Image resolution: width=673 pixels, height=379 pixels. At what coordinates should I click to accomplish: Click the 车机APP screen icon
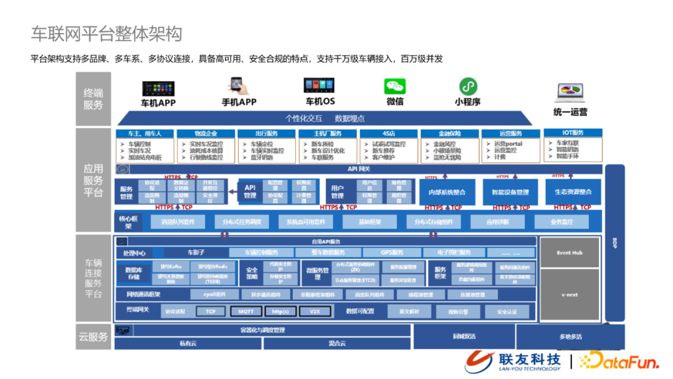pyautogui.click(x=158, y=88)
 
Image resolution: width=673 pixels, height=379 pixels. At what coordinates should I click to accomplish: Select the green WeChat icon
pyautogui.click(x=394, y=87)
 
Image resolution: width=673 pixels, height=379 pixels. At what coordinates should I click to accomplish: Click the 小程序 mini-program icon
pyautogui.click(x=468, y=86)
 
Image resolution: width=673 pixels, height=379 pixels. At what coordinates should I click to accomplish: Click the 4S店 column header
pyautogui.click(x=388, y=133)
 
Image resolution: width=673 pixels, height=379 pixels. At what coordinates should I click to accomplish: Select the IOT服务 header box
pyautogui.click(x=573, y=133)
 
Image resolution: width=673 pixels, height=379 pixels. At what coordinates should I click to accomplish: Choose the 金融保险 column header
pyautogui.click(x=449, y=133)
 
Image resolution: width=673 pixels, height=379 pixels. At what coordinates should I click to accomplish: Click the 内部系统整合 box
pyautogui.click(x=448, y=192)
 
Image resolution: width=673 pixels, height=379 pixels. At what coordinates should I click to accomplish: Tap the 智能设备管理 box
pyautogui.click(x=510, y=192)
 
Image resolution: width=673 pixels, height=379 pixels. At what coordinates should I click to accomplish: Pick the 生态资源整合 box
pyautogui.click(x=573, y=192)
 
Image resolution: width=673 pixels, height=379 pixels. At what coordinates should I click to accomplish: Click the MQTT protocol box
pyautogui.click(x=246, y=311)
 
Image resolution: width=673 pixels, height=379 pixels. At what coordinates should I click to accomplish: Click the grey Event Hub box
pyautogui.click(x=569, y=252)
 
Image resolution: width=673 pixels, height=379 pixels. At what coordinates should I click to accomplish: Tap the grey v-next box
pyautogui.click(x=569, y=294)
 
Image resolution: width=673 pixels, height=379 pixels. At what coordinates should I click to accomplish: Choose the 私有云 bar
pyautogui.click(x=188, y=343)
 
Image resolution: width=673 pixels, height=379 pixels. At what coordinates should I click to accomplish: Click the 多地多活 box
pyautogui.click(x=570, y=337)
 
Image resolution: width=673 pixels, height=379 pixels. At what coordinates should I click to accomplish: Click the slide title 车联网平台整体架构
pyautogui.click(x=107, y=33)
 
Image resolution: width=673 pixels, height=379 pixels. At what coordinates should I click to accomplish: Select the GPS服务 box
pyautogui.click(x=392, y=252)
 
